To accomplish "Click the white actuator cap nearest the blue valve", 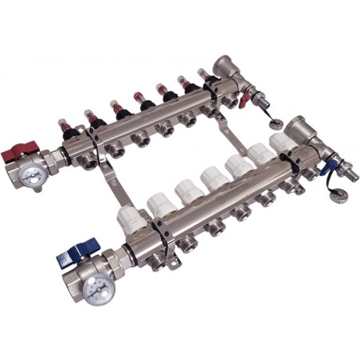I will coord(129,217).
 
